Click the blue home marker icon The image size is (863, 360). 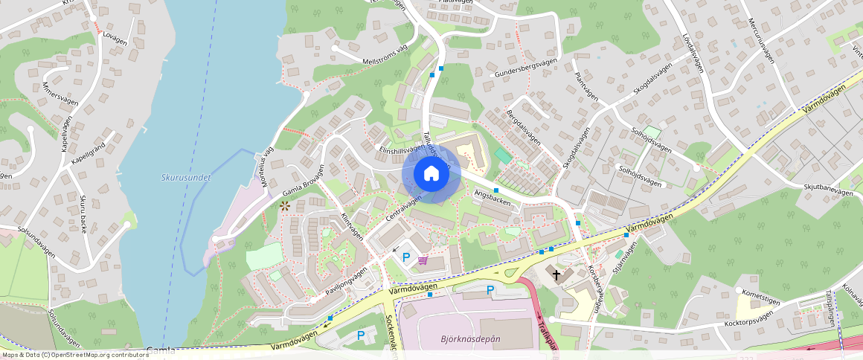pos(431,173)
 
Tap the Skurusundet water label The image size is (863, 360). pos(186,178)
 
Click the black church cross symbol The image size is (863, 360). pos(556,275)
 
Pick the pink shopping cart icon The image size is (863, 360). pos(423,260)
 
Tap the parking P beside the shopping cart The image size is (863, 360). pos(406,257)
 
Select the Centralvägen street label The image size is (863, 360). pos(404,209)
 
